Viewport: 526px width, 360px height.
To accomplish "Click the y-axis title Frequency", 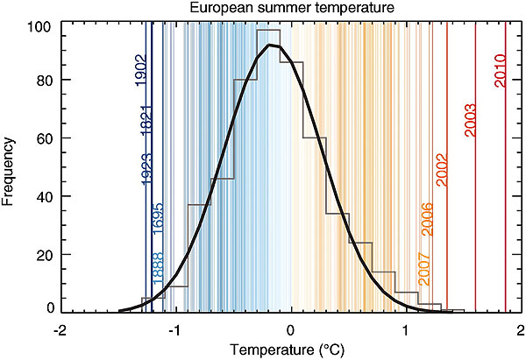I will click(x=10, y=167).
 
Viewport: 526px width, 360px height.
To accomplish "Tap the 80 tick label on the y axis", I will click(x=42, y=81).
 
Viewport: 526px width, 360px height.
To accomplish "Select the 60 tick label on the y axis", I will click(x=42, y=138).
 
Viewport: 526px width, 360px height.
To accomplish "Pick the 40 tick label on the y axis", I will click(x=42, y=196).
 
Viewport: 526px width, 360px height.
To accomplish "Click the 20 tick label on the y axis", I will click(x=42, y=254).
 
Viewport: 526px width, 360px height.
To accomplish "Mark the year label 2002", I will click(x=442, y=168).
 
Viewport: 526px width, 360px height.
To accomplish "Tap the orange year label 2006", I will click(x=427, y=217).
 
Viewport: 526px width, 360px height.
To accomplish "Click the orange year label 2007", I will click(x=424, y=268).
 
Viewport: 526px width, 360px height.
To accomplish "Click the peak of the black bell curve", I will click(x=271, y=45).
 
